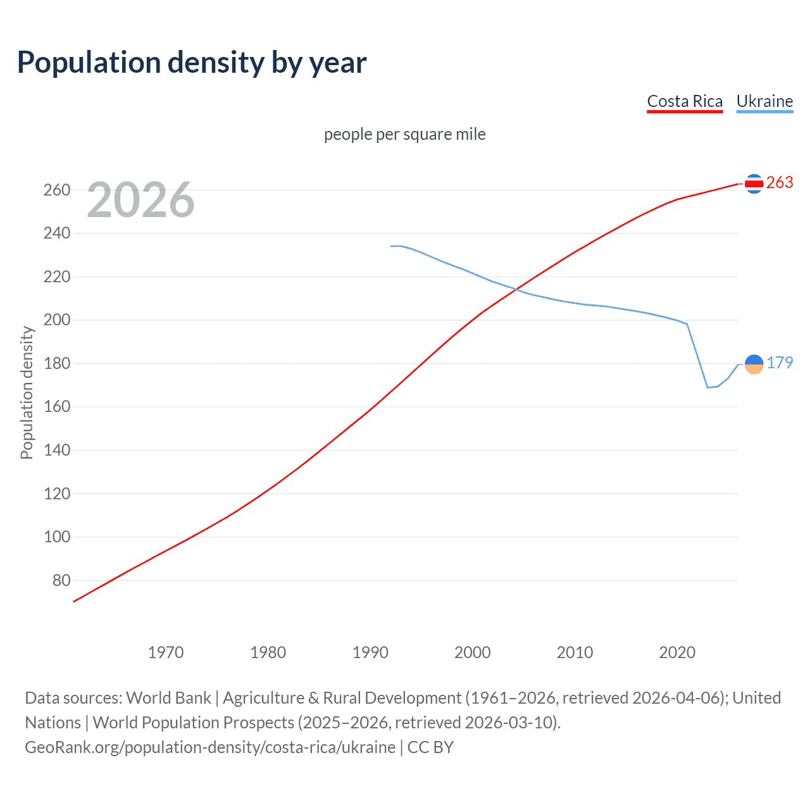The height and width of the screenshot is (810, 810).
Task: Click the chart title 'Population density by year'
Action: coord(192,63)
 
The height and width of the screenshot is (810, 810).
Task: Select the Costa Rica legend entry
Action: coord(684,101)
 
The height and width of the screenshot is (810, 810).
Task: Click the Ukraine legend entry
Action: coord(764,101)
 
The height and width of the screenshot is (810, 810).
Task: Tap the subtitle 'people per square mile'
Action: coord(404,134)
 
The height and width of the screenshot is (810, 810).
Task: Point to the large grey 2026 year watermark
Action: coord(140,200)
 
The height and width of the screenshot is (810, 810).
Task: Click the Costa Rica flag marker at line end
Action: coord(754,184)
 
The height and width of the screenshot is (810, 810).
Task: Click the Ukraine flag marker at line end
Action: coord(754,364)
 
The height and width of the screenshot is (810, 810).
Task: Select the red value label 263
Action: coord(779,182)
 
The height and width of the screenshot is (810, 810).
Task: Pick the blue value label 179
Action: coord(779,363)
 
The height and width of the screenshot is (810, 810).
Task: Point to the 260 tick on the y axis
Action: coord(57,190)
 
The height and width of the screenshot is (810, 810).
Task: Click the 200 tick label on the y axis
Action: coord(57,320)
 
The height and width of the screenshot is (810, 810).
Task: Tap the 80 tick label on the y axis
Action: coord(61,580)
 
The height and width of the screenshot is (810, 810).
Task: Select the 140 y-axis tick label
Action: coord(57,451)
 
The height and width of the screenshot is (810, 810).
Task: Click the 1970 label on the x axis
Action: coord(166,652)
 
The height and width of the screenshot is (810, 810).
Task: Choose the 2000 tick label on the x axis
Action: coord(473,652)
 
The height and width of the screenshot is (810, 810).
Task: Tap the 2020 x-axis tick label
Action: coord(677,652)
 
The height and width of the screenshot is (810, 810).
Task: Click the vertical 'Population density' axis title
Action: coord(27,392)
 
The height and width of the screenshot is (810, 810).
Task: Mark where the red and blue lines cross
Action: coord(516,289)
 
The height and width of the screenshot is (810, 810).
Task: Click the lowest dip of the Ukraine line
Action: coord(707,387)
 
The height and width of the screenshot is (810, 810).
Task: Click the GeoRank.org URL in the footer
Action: coord(210,747)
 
